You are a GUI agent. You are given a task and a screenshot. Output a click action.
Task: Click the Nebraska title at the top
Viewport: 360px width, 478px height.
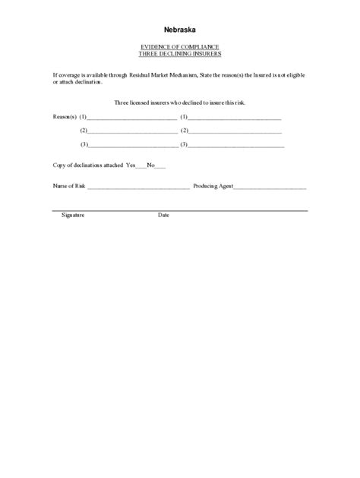coord(180,30)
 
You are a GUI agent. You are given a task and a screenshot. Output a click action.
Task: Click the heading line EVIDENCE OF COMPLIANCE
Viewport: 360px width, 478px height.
coord(180,48)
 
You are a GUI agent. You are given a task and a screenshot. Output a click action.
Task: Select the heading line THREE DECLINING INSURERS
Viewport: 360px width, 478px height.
coord(180,55)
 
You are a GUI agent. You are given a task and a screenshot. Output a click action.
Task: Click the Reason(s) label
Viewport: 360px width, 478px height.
coord(64,118)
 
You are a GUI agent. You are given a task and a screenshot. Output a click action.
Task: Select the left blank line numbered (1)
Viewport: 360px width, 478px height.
coord(132,119)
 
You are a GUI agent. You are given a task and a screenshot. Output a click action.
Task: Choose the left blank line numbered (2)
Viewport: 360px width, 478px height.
coord(132,132)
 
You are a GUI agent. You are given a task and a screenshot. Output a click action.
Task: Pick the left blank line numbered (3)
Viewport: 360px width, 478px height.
coord(132,145)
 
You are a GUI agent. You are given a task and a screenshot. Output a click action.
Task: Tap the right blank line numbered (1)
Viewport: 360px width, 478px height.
coord(235,119)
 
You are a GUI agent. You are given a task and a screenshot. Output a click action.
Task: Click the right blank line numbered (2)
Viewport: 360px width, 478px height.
coord(235,132)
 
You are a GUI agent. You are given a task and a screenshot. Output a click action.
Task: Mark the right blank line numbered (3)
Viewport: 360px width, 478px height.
coord(236,145)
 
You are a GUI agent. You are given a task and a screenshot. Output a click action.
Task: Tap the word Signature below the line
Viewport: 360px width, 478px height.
coord(73,215)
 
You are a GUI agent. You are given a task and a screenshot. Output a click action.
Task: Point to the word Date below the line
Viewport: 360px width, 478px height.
coord(163,215)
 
